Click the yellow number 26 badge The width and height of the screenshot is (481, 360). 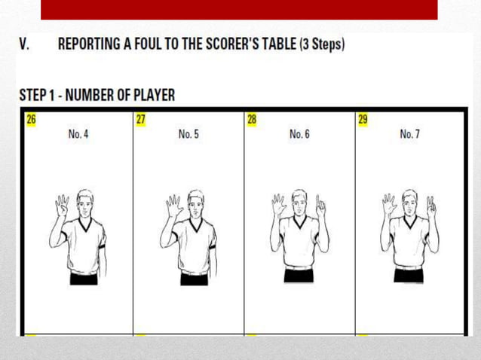tap(31, 118)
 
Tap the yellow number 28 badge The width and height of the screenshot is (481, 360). tap(252, 118)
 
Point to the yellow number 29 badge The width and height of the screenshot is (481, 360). tap(363, 118)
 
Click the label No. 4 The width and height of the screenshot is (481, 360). tap(78, 134)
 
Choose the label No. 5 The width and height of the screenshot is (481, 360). tap(188, 134)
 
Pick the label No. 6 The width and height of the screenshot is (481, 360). tap(299, 134)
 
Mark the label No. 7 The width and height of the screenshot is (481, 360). tap(410, 134)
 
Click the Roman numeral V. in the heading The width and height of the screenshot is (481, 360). tap(25, 45)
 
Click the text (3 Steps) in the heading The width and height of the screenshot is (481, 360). tap(322, 45)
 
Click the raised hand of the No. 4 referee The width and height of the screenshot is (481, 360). tap(62, 206)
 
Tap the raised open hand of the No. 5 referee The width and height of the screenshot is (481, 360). tap(173, 206)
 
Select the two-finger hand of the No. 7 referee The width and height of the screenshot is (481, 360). tap(430, 205)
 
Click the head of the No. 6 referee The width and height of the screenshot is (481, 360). tap(299, 200)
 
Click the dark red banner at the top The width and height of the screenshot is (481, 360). tap(239, 10)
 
